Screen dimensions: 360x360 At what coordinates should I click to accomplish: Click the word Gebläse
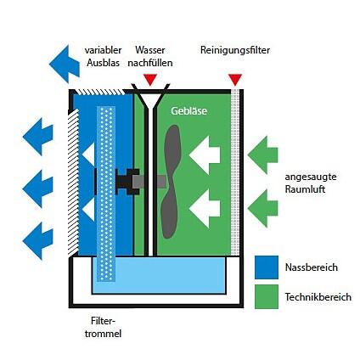click(188, 110)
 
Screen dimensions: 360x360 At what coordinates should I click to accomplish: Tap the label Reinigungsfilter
click(235, 50)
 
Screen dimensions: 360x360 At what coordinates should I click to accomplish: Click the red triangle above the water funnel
click(150, 79)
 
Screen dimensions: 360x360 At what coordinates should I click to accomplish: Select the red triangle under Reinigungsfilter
click(235, 79)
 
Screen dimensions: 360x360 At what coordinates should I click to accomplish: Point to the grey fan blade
click(171, 181)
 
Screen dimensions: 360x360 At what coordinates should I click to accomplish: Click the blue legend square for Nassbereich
click(267, 267)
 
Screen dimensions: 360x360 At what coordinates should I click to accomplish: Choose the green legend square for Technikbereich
click(267, 296)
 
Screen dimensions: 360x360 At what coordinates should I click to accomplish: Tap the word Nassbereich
click(312, 267)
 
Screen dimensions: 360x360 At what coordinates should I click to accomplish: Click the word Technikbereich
click(318, 297)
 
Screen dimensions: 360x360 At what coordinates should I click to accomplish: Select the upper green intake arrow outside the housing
click(262, 155)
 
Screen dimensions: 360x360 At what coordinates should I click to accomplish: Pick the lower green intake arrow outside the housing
click(262, 208)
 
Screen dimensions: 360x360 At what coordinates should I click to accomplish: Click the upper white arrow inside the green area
click(205, 155)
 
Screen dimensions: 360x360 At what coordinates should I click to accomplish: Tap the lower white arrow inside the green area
click(205, 209)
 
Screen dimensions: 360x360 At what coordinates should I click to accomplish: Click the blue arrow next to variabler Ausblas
click(65, 64)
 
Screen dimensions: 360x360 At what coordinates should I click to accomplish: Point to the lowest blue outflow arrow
click(37, 241)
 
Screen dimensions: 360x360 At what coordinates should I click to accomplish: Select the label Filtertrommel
click(103, 327)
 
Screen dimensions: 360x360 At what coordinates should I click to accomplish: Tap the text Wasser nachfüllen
click(150, 56)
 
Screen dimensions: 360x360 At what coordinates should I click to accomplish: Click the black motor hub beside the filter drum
click(127, 182)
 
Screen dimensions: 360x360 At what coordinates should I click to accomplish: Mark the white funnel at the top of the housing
click(150, 99)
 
